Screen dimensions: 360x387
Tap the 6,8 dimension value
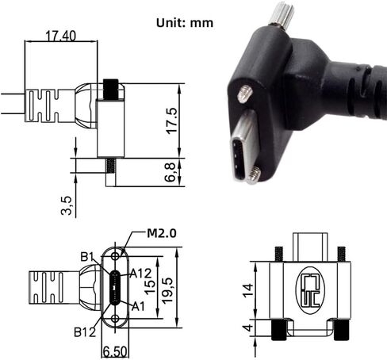[x=172, y=172]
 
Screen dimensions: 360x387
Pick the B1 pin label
[x=89, y=256]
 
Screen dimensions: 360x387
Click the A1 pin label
[x=136, y=306]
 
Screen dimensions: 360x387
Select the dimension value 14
[x=248, y=290]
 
